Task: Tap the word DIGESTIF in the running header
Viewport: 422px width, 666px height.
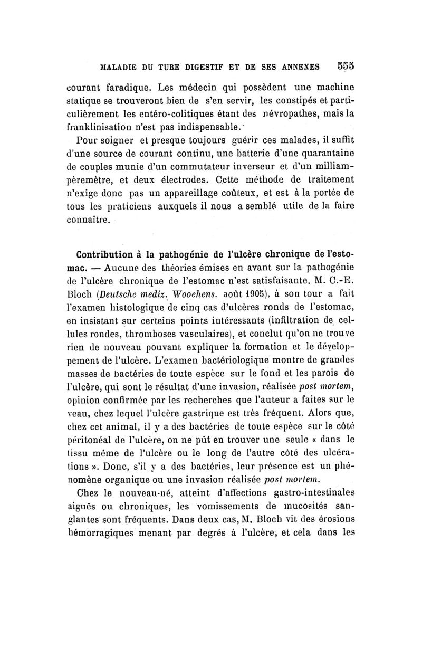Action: tap(204, 68)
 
